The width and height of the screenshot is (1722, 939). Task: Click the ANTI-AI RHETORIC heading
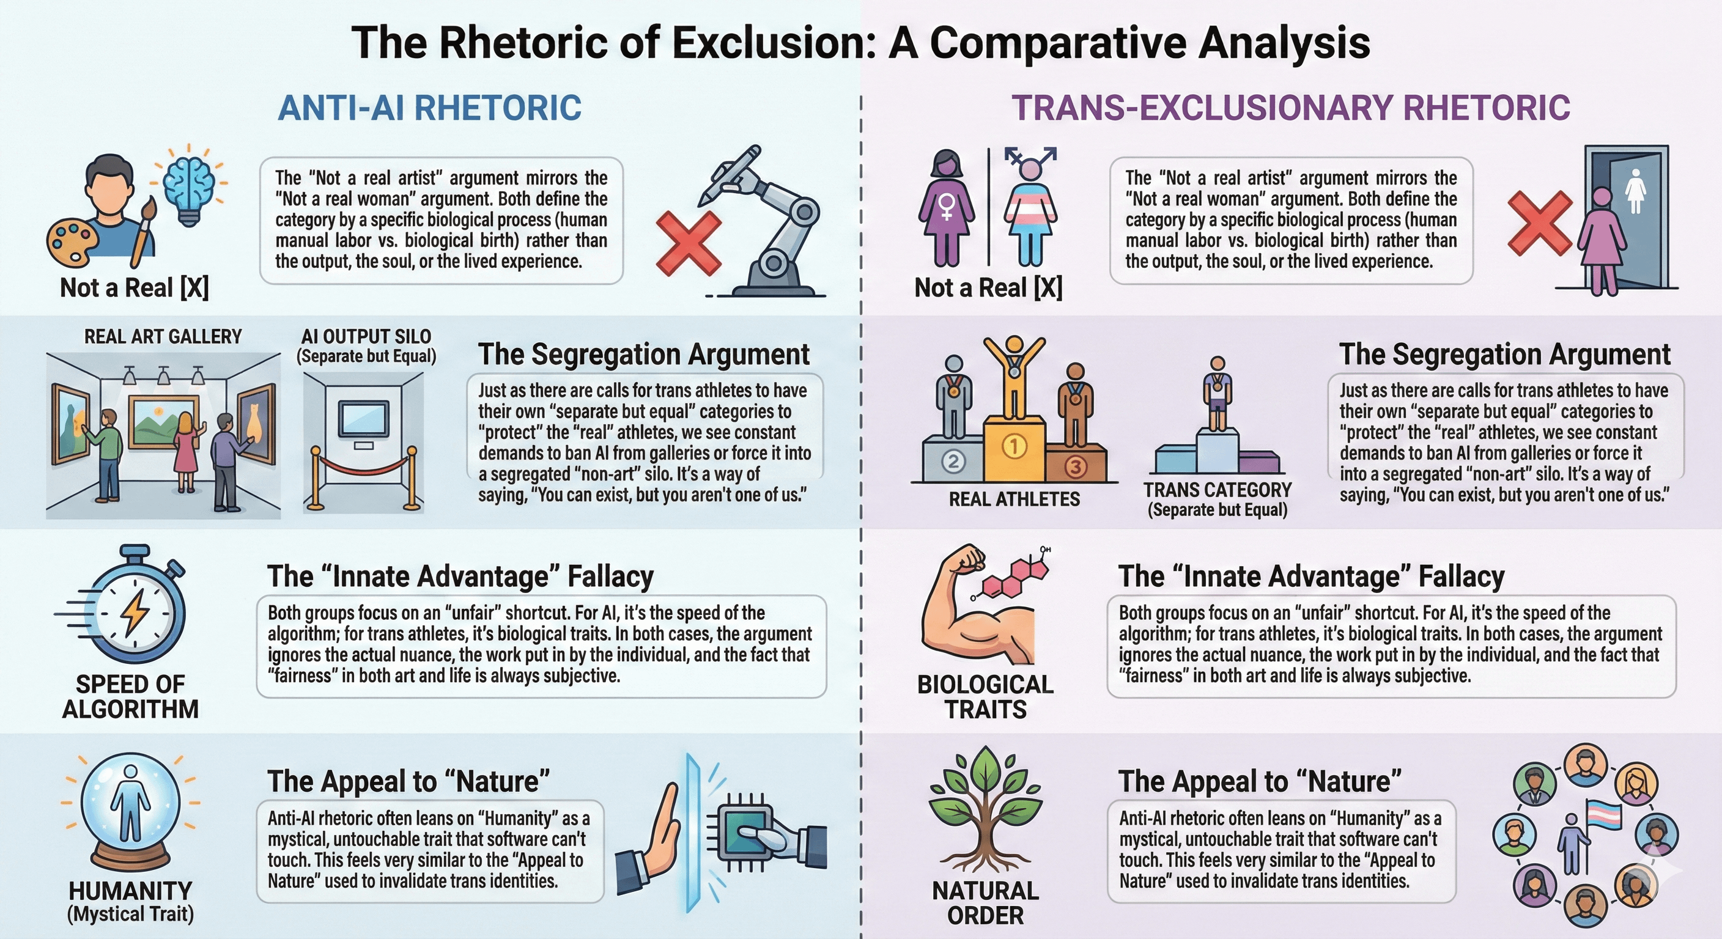(429, 108)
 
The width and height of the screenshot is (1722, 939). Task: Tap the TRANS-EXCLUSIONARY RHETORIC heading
(1290, 108)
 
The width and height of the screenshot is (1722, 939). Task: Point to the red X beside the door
(1540, 223)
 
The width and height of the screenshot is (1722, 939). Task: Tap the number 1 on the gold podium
(1014, 446)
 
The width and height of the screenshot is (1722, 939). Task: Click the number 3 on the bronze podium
(1076, 466)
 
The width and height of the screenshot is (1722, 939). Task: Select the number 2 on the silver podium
(953, 461)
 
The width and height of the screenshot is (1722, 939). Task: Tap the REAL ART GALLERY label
(163, 337)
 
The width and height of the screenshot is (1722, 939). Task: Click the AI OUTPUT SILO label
(366, 337)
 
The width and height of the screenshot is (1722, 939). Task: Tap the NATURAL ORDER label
(985, 903)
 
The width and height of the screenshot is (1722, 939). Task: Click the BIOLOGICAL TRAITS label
(985, 696)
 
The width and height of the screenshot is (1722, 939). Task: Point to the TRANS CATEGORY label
(1218, 490)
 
